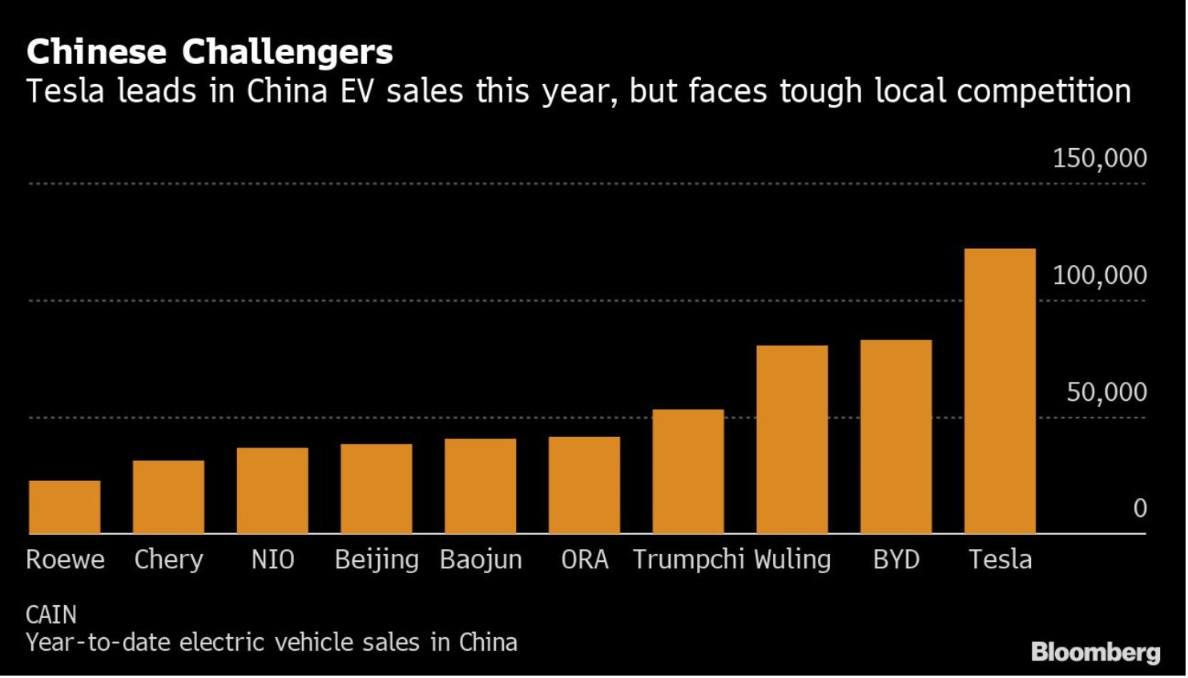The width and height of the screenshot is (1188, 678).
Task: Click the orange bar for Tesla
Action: coord(1001,391)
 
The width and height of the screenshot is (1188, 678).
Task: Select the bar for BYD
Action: coord(896,437)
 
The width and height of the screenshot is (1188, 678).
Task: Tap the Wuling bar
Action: coord(792,439)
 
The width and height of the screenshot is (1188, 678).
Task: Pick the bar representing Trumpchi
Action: coord(688,471)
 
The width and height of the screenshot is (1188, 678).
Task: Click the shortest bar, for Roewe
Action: coord(65,507)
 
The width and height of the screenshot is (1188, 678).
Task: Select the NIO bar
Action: coord(272,491)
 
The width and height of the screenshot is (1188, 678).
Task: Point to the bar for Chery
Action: coord(168,497)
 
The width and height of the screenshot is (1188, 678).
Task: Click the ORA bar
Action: coord(584,485)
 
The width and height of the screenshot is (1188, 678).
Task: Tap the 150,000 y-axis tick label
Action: coord(1099,158)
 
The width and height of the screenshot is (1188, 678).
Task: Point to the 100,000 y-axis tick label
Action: coord(1099,275)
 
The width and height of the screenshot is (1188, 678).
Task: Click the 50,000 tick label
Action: coord(1106,392)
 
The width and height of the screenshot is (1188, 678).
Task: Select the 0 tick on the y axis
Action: coord(1139,508)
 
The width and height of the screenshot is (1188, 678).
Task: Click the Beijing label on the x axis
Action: coord(377,560)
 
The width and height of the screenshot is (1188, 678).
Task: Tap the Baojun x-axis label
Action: coord(481,560)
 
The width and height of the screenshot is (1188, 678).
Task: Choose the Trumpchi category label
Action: coord(688,560)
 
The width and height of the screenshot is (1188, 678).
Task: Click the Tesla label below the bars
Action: coord(1001,560)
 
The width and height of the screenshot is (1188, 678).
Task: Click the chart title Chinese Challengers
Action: coord(210,53)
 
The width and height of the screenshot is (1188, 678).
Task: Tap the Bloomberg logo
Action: coord(1095,652)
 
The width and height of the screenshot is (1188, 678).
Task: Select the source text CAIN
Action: coord(51,615)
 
